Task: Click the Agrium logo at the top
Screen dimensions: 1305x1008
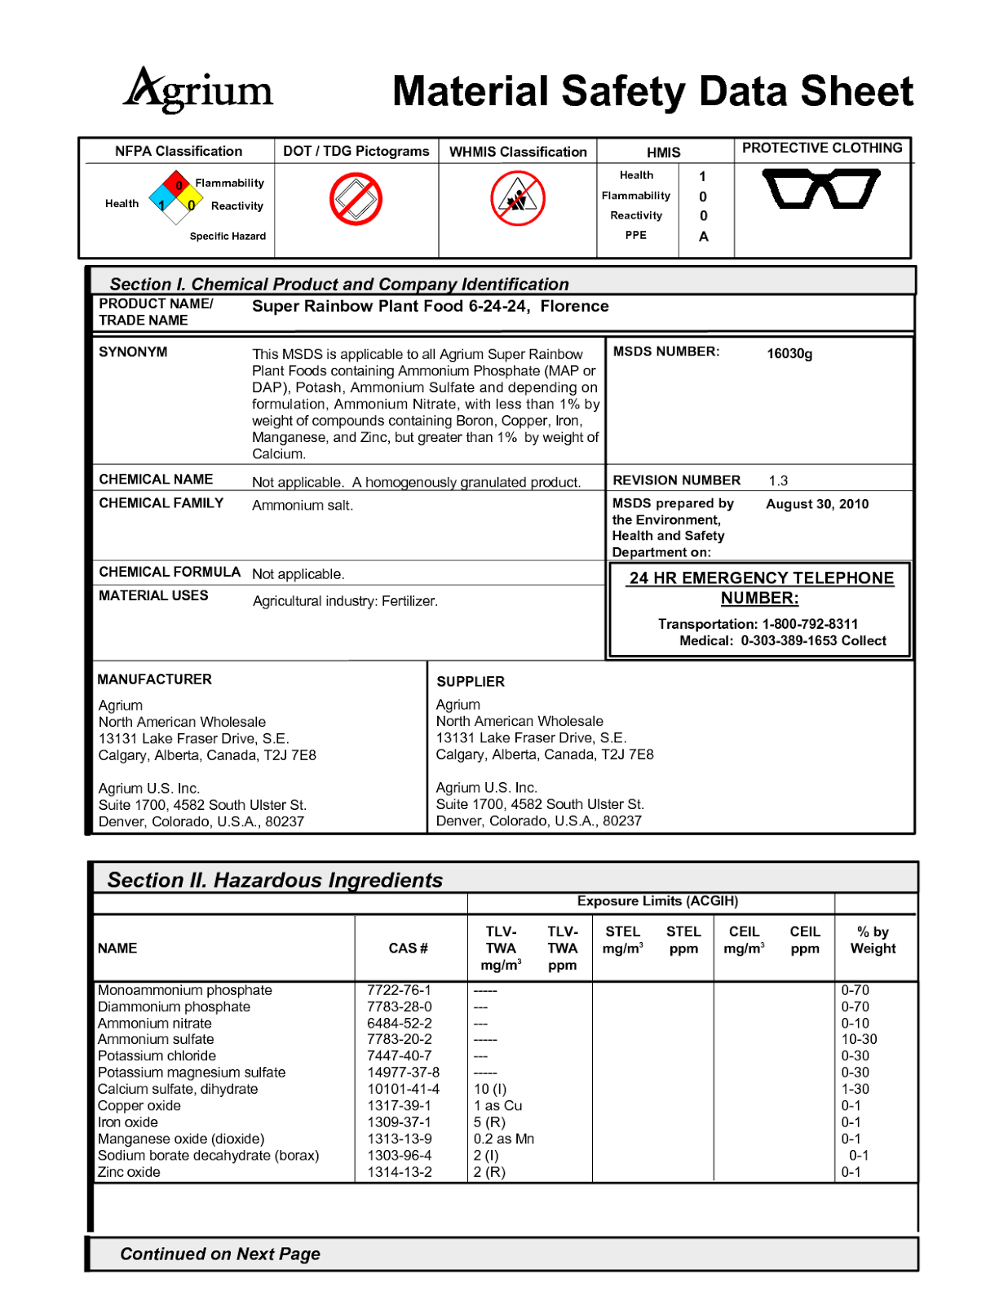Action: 199,91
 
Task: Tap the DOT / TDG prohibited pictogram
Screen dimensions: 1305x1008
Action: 356,199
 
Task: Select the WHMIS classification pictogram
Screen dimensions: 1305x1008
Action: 518,199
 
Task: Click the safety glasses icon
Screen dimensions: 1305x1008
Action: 820,188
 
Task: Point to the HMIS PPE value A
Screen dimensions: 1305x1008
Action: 703,237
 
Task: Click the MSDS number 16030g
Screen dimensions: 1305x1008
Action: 789,353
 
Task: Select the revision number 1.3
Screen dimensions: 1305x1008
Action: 778,480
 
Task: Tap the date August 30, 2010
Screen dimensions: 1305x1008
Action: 816,504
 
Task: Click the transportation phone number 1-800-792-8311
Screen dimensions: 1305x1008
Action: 810,624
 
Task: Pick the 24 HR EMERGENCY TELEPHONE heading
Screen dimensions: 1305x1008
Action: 761,578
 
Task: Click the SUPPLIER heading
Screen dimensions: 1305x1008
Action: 471,681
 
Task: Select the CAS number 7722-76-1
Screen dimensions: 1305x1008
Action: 399,990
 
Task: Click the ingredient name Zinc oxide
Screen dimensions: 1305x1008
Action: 129,1172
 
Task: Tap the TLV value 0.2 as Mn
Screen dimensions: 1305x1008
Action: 503,1139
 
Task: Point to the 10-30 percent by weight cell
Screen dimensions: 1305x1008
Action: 859,1039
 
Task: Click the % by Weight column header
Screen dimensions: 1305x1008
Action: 873,940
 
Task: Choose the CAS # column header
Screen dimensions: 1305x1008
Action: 408,948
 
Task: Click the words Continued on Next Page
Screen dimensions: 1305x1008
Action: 220,1254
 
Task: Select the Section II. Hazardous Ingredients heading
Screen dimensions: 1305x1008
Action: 275,880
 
